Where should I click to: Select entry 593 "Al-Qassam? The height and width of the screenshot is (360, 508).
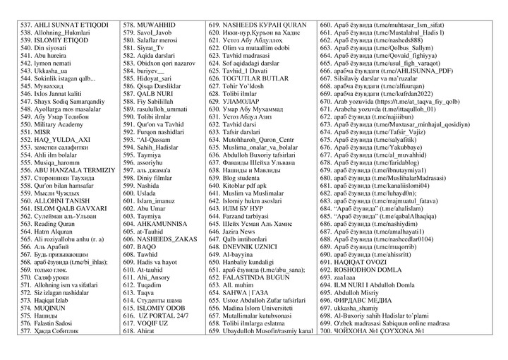pyautogui.click(x=151, y=140)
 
